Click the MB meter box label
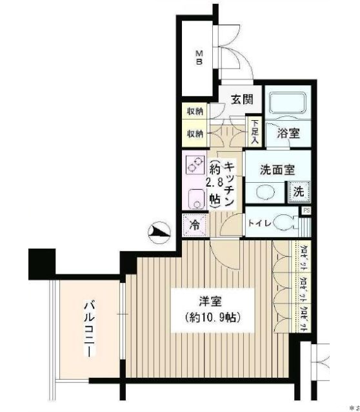(200, 57)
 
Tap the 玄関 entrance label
(242, 100)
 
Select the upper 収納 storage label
(195, 111)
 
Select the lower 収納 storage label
(195, 134)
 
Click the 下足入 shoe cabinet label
(254, 131)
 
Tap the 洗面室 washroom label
(277, 170)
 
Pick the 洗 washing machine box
(298, 192)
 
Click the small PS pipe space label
(306, 209)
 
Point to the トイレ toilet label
(261, 223)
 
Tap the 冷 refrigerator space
(195, 225)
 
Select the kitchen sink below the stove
(195, 198)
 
